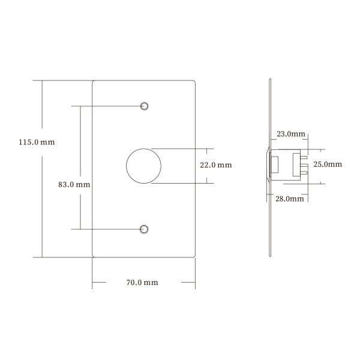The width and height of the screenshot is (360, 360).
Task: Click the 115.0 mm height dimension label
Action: [x=37, y=143]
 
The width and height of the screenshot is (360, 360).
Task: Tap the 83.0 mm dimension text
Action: [x=74, y=185]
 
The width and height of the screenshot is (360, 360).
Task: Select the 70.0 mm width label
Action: [x=143, y=282]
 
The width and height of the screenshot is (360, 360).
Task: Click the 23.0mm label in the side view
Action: [x=290, y=134]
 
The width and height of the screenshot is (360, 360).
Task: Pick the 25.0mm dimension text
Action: [x=328, y=164]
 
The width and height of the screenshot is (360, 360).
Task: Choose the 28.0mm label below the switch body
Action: [x=290, y=199]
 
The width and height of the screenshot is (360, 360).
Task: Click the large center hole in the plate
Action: [x=144, y=165]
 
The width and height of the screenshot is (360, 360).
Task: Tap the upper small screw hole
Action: [x=144, y=106]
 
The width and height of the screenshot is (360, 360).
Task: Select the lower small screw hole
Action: [x=144, y=229]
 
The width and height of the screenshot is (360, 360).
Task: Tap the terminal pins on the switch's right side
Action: [x=305, y=166]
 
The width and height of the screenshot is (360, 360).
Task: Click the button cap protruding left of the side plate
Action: [x=266, y=165]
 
